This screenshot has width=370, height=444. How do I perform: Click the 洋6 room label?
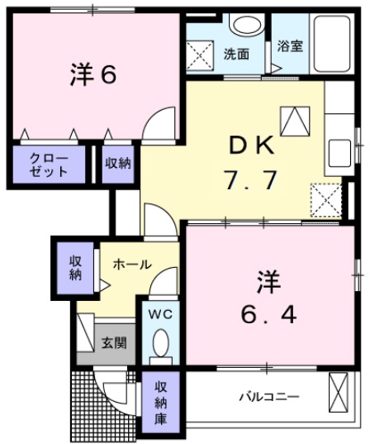coord(92,74)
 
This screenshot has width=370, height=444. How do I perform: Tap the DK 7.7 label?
coord(250,163)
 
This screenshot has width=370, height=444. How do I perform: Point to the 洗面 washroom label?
coord(235,55)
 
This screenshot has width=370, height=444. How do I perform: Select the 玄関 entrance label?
coord(114,342)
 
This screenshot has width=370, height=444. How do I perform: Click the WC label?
coord(159,313)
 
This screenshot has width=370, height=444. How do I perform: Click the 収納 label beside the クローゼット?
coord(118,163)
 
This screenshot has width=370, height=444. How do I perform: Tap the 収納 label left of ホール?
coord(75,267)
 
